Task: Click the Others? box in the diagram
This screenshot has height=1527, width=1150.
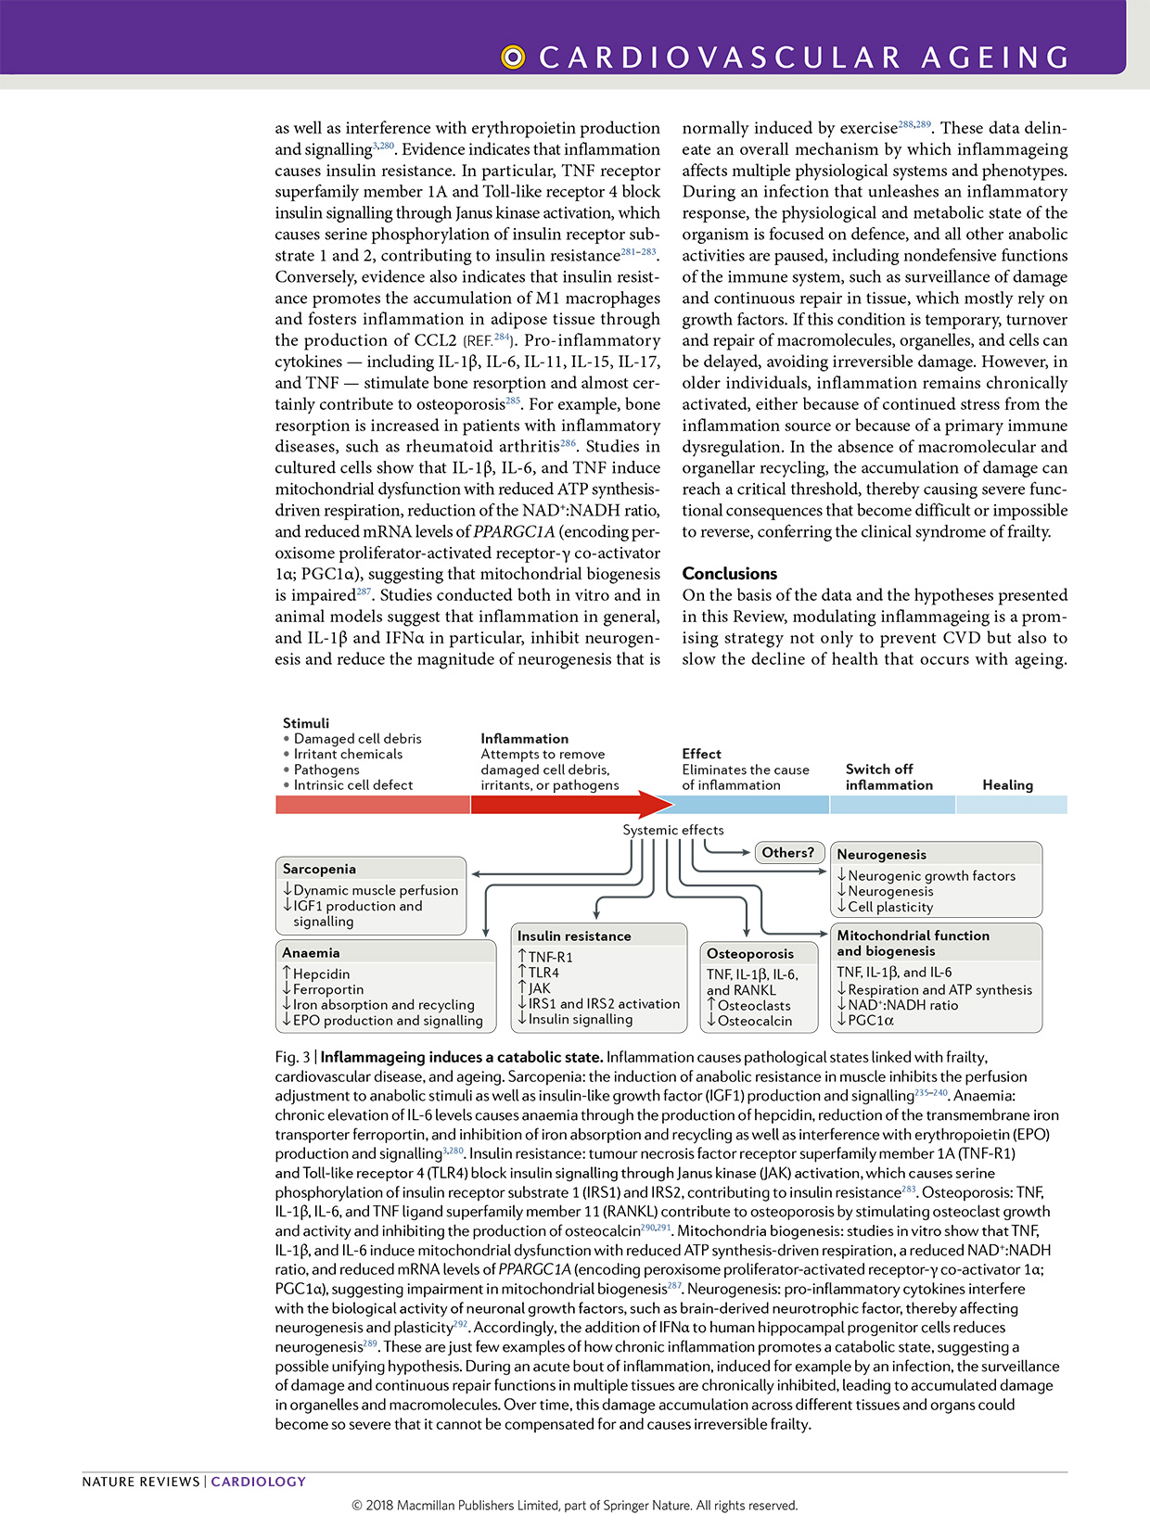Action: pyautogui.click(x=787, y=853)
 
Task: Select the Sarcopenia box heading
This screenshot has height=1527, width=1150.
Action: pyautogui.click(x=319, y=869)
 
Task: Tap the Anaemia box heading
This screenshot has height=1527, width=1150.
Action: pyautogui.click(x=311, y=952)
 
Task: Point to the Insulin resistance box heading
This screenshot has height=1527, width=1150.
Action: pyautogui.click(x=574, y=936)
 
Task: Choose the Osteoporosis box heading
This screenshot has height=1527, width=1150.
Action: pyautogui.click(x=749, y=953)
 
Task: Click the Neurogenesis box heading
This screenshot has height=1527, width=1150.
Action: pyautogui.click(x=881, y=855)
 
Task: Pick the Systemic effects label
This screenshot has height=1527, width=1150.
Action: pyautogui.click(x=672, y=830)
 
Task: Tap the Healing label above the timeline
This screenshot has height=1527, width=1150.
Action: pyautogui.click(x=1007, y=784)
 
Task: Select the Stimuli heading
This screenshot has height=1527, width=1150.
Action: pyautogui.click(x=306, y=723)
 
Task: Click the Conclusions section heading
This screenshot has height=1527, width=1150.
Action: pyautogui.click(x=730, y=574)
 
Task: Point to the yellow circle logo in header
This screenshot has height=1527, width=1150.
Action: pyautogui.click(x=512, y=57)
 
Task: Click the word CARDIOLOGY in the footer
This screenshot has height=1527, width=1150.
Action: pyautogui.click(x=258, y=1482)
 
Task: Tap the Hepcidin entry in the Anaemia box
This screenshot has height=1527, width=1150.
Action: pyautogui.click(x=321, y=974)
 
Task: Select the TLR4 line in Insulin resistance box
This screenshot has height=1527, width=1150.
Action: pyautogui.click(x=543, y=973)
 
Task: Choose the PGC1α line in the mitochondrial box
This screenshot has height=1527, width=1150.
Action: pyautogui.click(x=870, y=1021)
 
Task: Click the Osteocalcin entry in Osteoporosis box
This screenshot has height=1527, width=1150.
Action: pyautogui.click(x=754, y=1021)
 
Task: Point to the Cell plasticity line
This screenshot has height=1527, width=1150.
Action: pyautogui.click(x=889, y=907)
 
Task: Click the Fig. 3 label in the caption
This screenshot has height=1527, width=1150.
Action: pyautogui.click(x=292, y=1057)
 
